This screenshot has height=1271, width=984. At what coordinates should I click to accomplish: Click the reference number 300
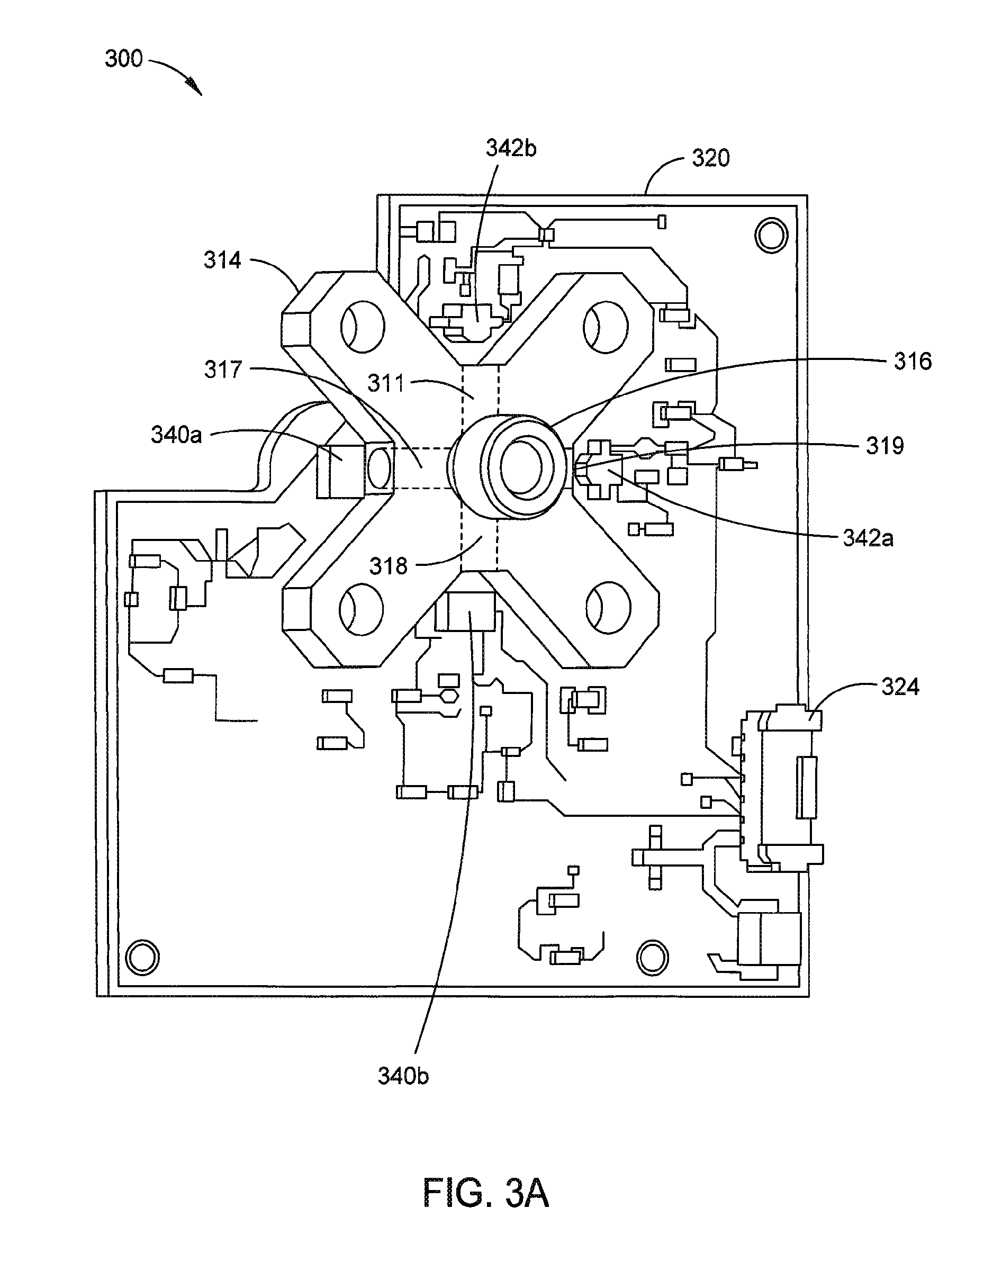pos(123,59)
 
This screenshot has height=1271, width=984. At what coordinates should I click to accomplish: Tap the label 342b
pos(511,148)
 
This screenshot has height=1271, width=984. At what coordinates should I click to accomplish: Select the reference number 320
pos(710,158)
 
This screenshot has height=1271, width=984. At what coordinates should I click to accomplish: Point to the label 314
pos(222,260)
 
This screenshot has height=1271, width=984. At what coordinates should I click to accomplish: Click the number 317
pos(223,369)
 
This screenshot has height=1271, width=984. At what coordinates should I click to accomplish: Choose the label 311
pos(386,383)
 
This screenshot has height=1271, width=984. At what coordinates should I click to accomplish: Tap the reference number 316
pos(913,362)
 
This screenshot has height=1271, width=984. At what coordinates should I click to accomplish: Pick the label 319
pos(884,446)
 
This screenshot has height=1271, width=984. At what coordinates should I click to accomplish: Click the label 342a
pos(868,538)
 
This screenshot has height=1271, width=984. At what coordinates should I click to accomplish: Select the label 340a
pos(176,435)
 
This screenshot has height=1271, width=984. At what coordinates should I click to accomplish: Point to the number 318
pos(389,566)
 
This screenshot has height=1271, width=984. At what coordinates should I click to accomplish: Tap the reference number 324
pos(900,687)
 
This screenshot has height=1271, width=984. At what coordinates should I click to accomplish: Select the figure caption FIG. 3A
pos(486,1193)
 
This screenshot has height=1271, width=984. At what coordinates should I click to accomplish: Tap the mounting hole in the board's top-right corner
pos(771,235)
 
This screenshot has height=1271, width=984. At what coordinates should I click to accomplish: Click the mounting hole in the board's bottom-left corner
pos(142,957)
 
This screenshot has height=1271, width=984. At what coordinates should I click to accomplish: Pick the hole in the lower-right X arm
pos(609,608)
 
